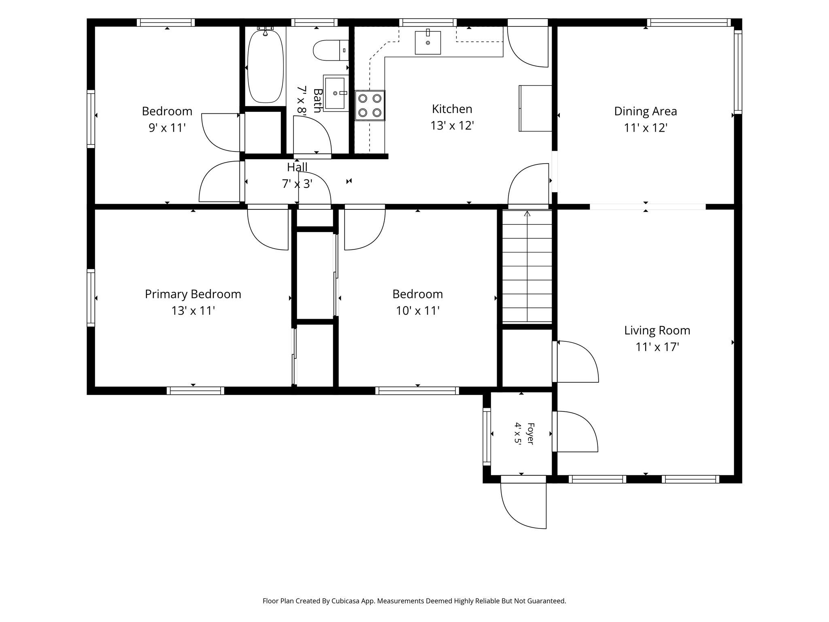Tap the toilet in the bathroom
pos(331,50)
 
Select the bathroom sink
pos(335,93)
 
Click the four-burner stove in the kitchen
pos(370,105)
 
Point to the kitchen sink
pos(428,43)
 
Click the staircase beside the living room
pos(527,266)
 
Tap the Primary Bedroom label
pos(193,294)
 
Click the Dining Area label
pos(645,111)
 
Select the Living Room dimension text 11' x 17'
pos(657,347)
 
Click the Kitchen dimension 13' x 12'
pos(452,126)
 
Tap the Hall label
pos(297,167)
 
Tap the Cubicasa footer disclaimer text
pos(414,601)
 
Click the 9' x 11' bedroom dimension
pos(167,128)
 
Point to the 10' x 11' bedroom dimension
pos(418,311)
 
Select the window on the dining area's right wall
pos(738,72)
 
